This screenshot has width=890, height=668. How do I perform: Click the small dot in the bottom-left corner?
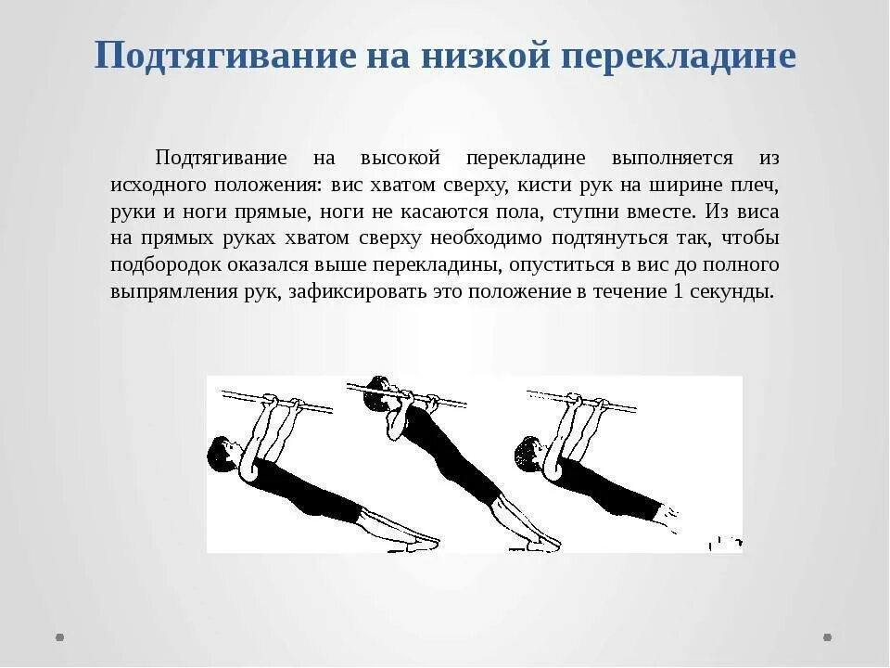(x=60, y=637)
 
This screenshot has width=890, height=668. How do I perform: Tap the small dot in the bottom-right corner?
(x=828, y=637)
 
